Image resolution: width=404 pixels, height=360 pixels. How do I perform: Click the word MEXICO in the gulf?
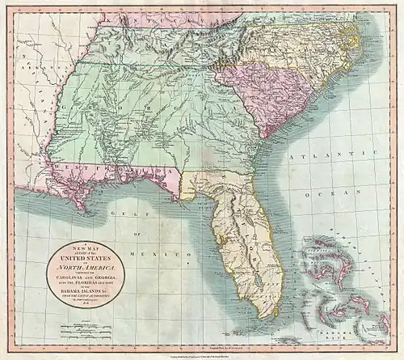[162, 254]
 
